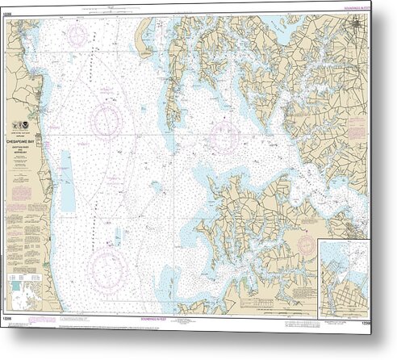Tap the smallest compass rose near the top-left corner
77,35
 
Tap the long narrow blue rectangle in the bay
67,182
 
